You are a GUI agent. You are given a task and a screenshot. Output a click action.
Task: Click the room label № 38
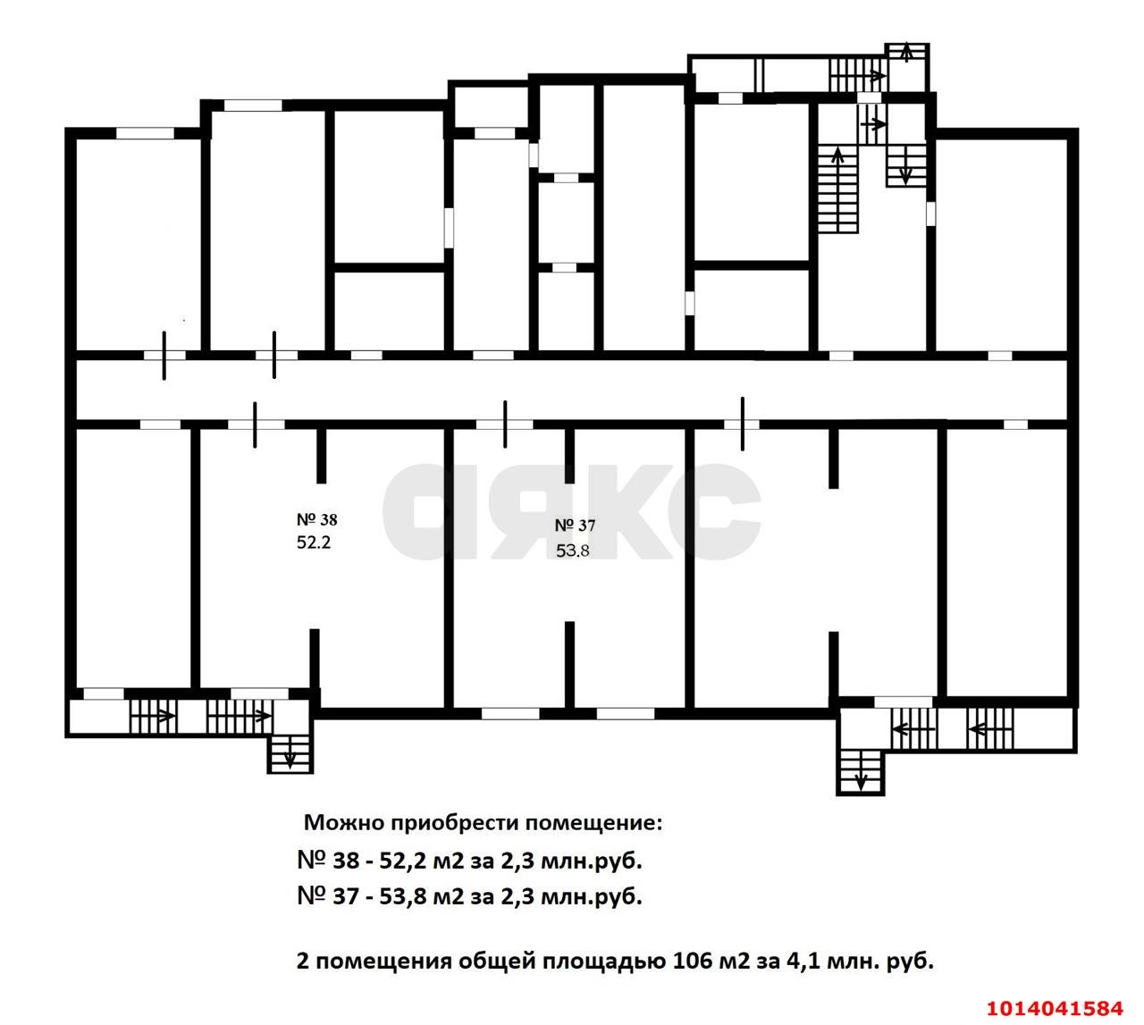[x=315, y=519]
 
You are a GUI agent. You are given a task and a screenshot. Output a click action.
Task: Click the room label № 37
[x=575, y=525]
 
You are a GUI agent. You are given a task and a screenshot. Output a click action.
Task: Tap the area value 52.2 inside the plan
[x=314, y=542]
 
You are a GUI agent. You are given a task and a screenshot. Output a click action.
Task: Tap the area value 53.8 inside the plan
[x=573, y=550]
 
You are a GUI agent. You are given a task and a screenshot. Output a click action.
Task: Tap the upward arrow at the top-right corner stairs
[x=907, y=53]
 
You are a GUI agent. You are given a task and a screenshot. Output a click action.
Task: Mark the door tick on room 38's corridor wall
[x=256, y=424]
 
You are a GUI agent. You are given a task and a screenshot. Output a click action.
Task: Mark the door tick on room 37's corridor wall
[x=505, y=424]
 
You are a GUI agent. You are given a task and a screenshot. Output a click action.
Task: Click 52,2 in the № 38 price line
[x=403, y=861]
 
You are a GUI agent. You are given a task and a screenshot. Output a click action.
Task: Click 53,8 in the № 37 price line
[x=403, y=896]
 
